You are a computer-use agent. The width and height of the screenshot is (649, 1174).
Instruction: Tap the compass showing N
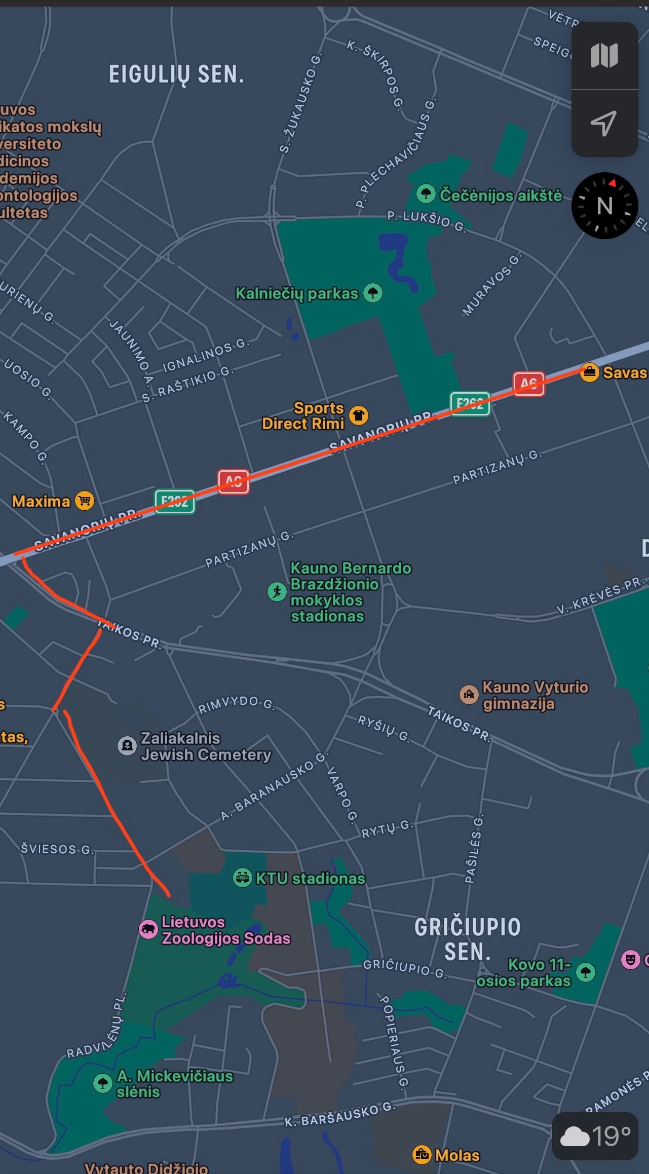tap(604, 206)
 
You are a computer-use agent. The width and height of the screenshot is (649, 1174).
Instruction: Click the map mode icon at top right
tap(604, 55)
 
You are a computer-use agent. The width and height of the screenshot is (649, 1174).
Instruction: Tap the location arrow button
tap(604, 123)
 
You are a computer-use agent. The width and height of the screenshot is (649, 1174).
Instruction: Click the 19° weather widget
tap(595, 1137)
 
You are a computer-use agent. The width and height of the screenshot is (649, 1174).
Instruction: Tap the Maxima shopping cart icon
tap(85, 501)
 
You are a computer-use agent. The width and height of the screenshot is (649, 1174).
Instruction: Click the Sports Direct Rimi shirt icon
tap(359, 415)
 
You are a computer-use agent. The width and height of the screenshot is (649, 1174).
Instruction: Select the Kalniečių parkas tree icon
tap(373, 293)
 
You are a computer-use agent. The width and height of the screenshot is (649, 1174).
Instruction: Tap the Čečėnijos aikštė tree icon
tap(426, 193)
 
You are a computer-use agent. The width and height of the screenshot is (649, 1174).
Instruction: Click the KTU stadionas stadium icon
tap(242, 877)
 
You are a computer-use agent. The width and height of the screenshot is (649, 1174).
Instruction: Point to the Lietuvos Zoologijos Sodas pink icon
tap(148, 929)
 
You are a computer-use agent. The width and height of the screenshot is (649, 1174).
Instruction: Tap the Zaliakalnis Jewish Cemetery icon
tap(127, 745)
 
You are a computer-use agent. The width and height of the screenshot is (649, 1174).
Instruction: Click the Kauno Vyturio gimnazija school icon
tap(469, 694)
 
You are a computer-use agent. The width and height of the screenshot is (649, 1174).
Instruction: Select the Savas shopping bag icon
tap(589, 372)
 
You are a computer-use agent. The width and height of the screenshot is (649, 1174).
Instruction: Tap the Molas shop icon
tap(422, 1155)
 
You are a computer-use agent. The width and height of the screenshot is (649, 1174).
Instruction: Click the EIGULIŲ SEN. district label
tap(176, 74)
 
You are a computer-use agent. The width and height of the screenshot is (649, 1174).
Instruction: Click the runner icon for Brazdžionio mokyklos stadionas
tap(277, 591)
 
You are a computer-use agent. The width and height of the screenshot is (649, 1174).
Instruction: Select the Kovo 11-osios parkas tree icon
tap(586, 972)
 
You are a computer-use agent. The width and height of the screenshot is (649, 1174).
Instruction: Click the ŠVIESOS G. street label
tap(57, 849)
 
